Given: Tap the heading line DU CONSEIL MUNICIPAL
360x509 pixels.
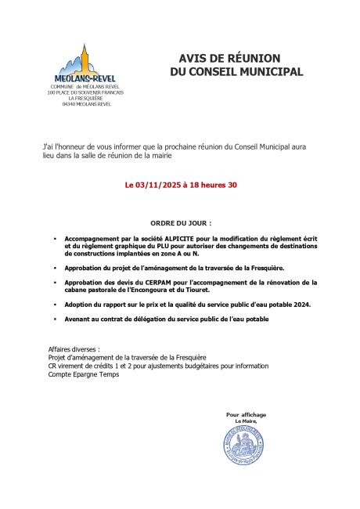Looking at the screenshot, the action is pos(236,72).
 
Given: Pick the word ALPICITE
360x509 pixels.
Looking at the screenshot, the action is pos(175,237).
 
